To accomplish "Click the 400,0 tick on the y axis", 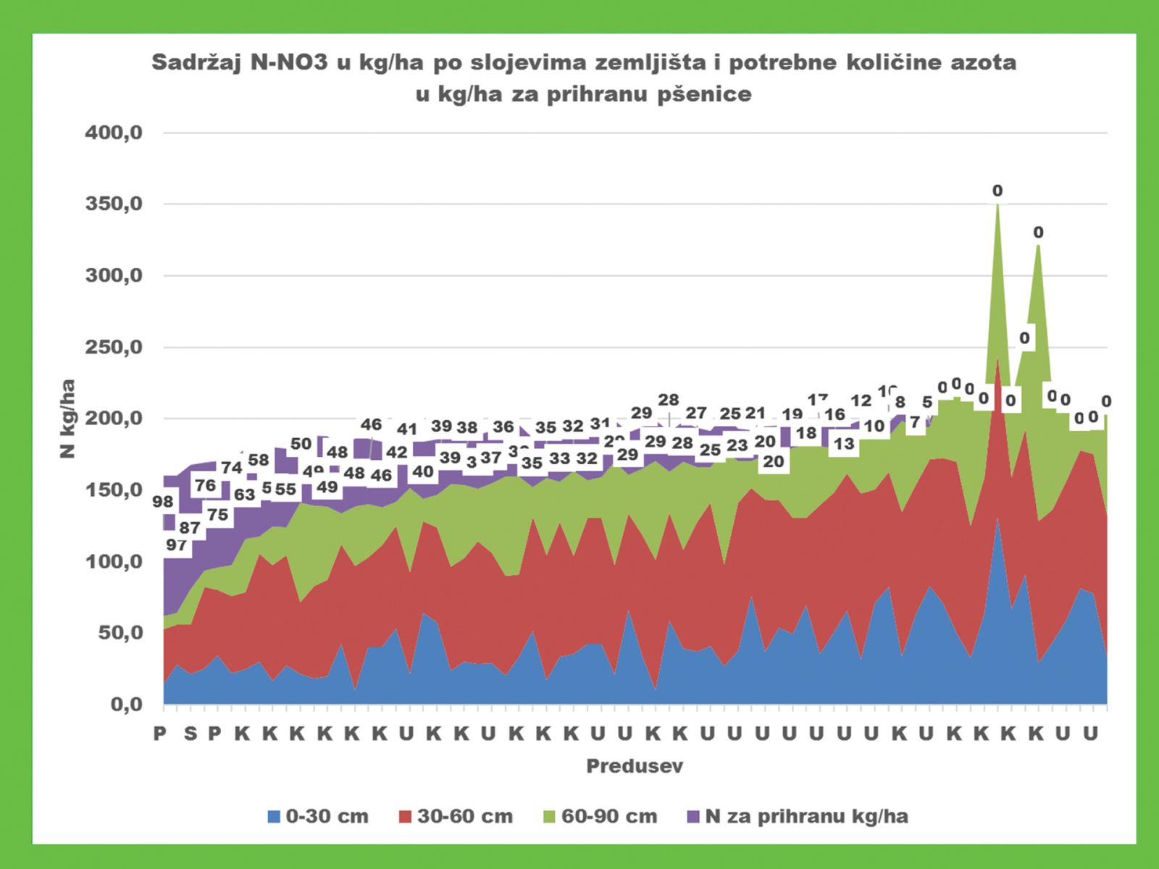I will [x=114, y=133].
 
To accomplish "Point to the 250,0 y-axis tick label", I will [x=114, y=348].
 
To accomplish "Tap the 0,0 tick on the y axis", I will [x=126, y=704].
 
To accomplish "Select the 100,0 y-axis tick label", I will [x=114, y=561].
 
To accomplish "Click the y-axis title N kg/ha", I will [x=67, y=419].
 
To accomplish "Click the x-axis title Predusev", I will [x=635, y=766].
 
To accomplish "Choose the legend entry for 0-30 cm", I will [x=318, y=816].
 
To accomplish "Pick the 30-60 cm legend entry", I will [x=456, y=816].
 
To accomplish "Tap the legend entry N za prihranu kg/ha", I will [x=797, y=816].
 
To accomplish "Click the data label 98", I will [x=163, y=501].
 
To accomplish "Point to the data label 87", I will [x=190, y=528].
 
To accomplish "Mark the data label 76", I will [x=206, y=485].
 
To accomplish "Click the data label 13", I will [x=843, y=443].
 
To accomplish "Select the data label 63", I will [x=244, y=494].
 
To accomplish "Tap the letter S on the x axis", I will [x=190, y=734].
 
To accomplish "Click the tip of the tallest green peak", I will [x=997, y=204].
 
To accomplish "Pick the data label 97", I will [x=176, y=545].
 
